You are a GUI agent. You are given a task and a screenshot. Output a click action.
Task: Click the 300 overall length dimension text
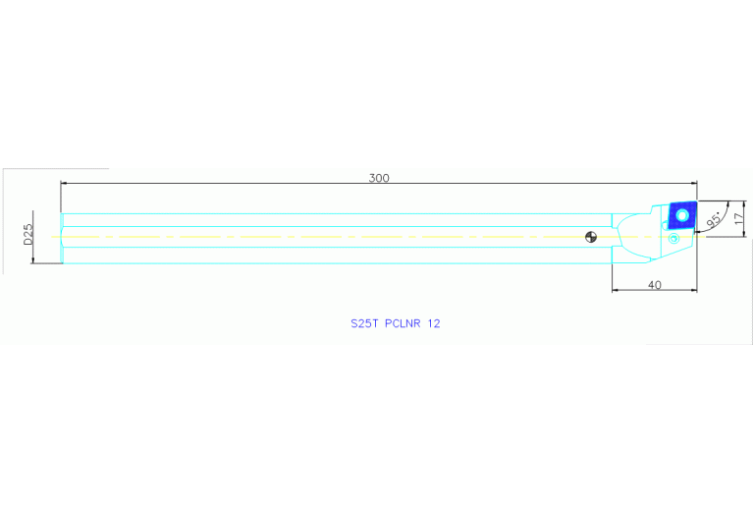tap(379, 178)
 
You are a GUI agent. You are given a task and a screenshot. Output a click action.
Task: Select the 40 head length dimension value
tap(655, 285)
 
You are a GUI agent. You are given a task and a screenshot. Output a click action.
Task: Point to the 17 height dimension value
tap(739, 217)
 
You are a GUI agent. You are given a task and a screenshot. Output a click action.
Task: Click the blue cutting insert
tap(680, 215)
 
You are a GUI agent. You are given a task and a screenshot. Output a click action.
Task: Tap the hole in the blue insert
tap(681, 213)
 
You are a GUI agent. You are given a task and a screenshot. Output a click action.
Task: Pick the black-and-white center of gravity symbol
tap(591, 236)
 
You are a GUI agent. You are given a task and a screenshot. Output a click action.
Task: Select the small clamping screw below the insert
tap(673, 239)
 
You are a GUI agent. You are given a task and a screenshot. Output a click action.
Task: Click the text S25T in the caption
tap(365, 322)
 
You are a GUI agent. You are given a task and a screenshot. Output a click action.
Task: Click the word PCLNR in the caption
tap(403, 322)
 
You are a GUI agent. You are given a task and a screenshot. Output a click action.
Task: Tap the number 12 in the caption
tap(434, 322)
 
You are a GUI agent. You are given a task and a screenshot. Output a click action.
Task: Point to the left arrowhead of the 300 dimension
tap(65, 183)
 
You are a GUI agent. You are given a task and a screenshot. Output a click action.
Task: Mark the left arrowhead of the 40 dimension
tap(616, 290)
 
